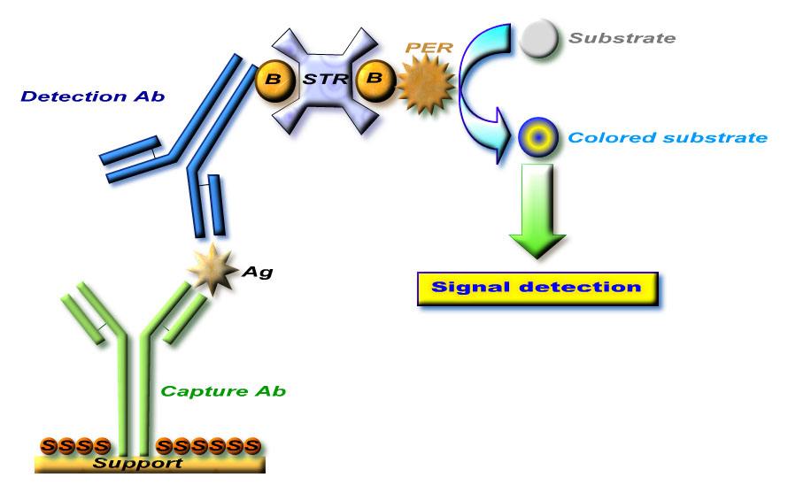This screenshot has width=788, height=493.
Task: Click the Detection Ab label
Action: pyautogui.click(x=92, y=96)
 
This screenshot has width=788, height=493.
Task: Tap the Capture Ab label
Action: pyautogui.click(x=223, y=391)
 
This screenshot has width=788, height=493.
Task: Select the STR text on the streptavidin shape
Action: pyautogui.click(x=325, y=79)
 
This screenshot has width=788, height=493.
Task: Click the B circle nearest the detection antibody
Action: pyautogui.click(x=274, y=80)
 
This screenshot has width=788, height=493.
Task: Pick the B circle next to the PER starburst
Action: pyautogui.click(x=375, y=80)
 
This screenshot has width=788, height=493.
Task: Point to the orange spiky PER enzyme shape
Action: pyautogui.click(x=426, y=84)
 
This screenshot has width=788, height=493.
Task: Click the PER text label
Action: pyautogui.click(x=429, y=48)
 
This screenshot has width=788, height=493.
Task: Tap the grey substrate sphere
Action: pyautogui.click(x=538, y=38)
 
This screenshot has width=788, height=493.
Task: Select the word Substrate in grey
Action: pyautogui.click(x=622, y=38)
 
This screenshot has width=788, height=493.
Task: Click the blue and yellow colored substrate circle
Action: pyautogui.click(x=538, y=137)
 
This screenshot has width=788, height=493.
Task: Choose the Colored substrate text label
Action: pyautogui.click(x=668, y=137)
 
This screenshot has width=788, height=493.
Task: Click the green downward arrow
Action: pyautogui.click(x=537, y=210)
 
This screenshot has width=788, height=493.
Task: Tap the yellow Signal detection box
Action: pyautogui.click(x=537, y=289)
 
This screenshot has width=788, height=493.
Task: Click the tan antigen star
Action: pyautogui.click(x=213, y=269)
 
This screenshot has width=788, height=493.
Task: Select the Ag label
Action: pyautogui.click(x=258, y=272)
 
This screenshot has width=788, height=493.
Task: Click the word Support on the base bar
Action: pyautogui.click(x=138, y=462)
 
